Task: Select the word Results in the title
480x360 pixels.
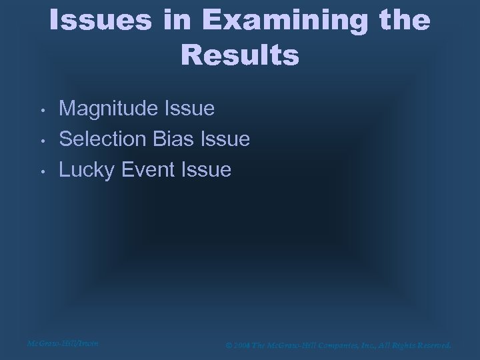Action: coord(240,55)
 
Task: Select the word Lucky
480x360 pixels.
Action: coord(87,170)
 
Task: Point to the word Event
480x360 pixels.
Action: coord(148,170)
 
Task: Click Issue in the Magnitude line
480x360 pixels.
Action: coord(192,108)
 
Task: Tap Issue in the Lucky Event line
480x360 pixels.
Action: coord(206,170)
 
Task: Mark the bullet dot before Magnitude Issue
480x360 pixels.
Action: coord(41,109)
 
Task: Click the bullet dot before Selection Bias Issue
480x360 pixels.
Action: coord(41,140)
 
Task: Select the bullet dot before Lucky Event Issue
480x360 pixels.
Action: coord(41,171)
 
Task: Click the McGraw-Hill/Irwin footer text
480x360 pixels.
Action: coord(63,343)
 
